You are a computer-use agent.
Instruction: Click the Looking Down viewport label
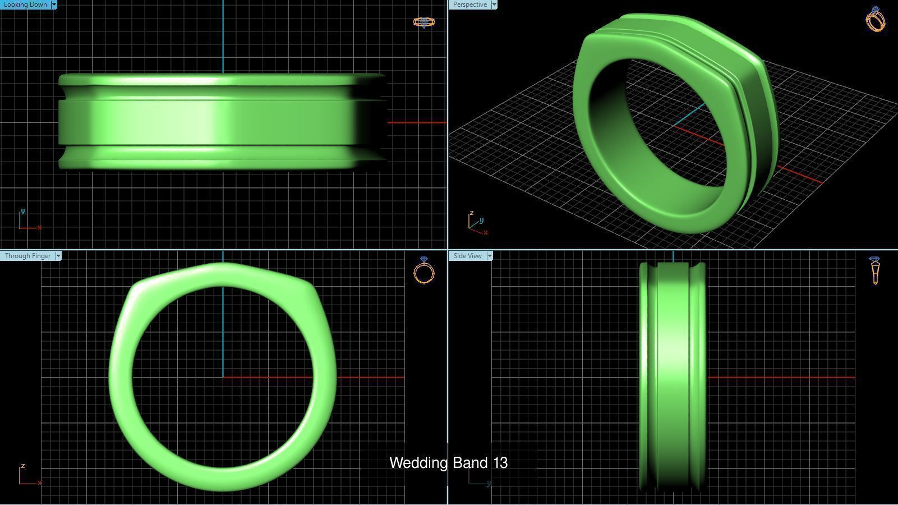click(x=25, y=4)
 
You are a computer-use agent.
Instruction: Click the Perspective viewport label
click(x=469, y=4)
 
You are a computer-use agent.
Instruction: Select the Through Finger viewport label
click(x=27, y=256)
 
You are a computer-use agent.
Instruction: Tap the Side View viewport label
click(x=467, y=256)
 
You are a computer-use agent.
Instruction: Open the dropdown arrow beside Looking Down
click(x=54, y=4)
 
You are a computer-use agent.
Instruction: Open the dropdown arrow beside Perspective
click(x=494, y=4)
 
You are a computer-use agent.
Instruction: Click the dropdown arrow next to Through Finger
click(x=58, y=256)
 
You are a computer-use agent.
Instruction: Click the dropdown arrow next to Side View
click(x=490, y=256)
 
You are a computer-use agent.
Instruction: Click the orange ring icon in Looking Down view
click(x=423, y=22)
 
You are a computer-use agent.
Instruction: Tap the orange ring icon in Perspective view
click(x=876, y=20)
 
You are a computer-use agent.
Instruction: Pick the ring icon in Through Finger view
click(x=424, y=270)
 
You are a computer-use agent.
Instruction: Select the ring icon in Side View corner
click(x=875, y=270)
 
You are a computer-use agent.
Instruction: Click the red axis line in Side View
click(x=780, y=377)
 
